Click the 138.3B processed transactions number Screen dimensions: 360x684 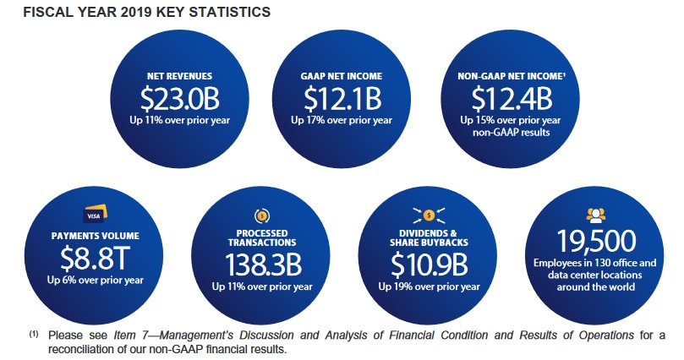pyautogui.click(x=262, y=264)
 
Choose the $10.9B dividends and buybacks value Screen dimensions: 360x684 pyautogui.click(x=430, y=264)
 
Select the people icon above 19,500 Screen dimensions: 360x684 pyautogui.click(x=595, y=214)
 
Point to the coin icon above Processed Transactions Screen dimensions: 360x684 pyautogui.click(x=262, y=216)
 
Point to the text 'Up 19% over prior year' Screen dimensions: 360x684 pyautogui.click(x=430, y=286)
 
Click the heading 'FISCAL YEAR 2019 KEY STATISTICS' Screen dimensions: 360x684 pyautogui.click(x=134, y=13)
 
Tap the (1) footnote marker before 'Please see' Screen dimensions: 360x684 pyautogui.click(x=34, y=335)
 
